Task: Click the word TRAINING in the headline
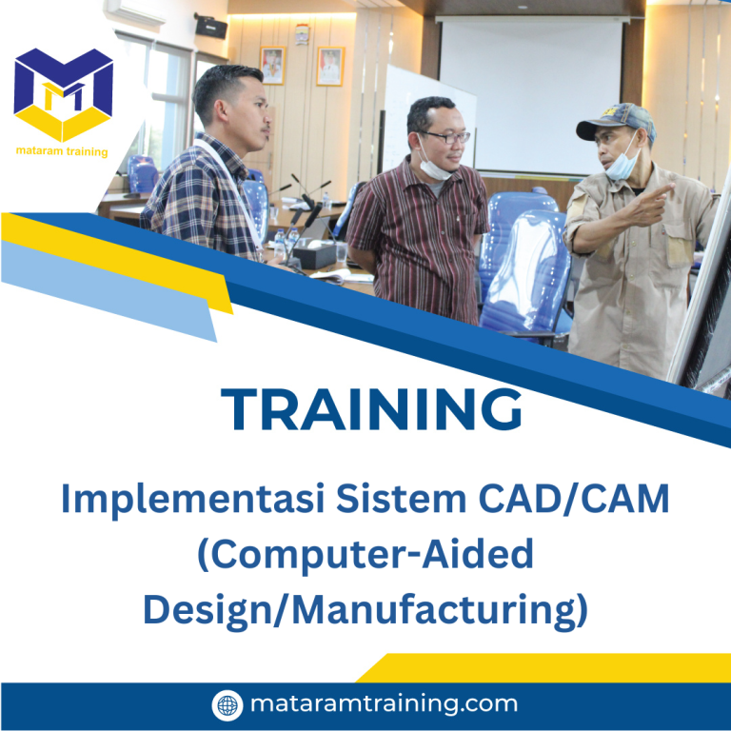coord(372,409)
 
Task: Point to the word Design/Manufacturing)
coord(365,609)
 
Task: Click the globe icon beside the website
coord(227,705)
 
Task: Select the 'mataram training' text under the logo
coord(62,150)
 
